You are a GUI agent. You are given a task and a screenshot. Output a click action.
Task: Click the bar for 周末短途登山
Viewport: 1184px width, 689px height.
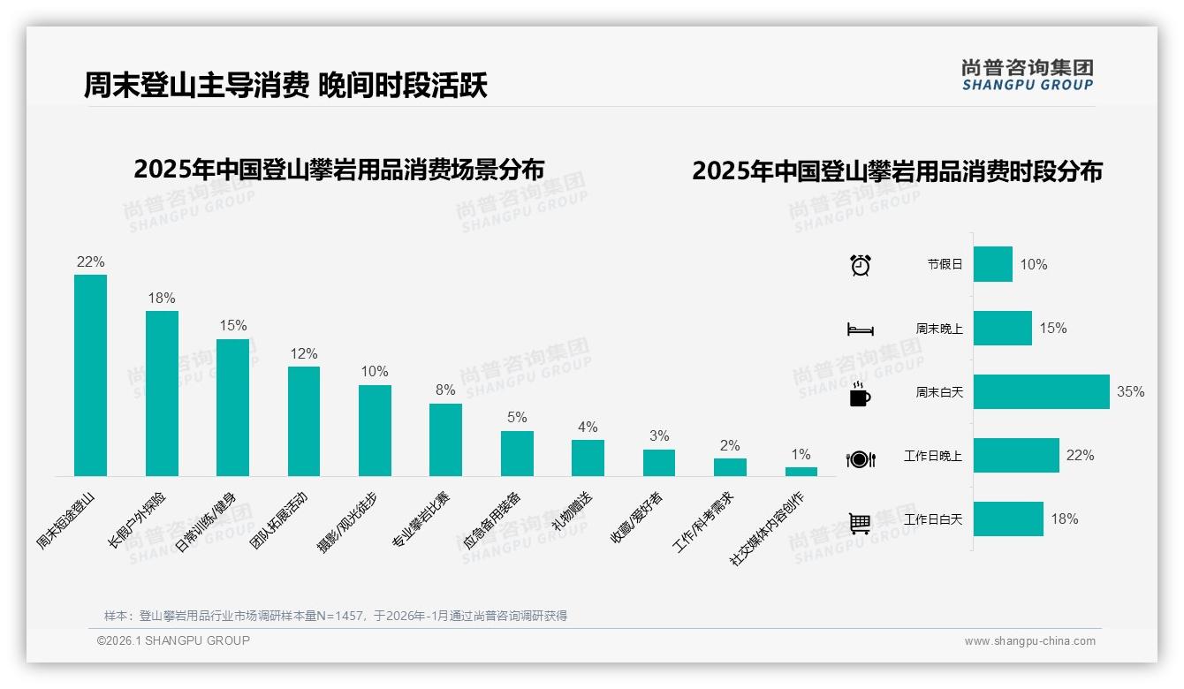coord(90,375)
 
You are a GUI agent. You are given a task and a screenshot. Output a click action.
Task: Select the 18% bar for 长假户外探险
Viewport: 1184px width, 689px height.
coord(162,393)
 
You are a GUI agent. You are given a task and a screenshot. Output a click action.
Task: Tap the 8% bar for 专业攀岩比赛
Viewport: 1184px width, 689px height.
coord(445,440)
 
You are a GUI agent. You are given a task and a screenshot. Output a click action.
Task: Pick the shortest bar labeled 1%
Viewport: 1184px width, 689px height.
coord(801,472)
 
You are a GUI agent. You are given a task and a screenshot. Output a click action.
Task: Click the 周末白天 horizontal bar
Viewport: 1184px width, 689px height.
coord(1041,392)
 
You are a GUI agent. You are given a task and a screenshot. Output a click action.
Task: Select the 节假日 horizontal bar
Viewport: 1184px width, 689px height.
coord(992,264)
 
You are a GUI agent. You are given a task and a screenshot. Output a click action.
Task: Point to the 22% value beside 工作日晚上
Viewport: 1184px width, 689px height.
coord(1080,456)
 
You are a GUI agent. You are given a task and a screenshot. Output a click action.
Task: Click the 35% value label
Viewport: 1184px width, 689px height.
coord(1130,392)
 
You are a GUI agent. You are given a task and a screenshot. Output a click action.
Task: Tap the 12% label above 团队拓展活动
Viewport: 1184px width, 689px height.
coord(303,353)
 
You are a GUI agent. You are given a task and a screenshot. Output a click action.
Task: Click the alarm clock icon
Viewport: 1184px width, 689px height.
coord(860,265)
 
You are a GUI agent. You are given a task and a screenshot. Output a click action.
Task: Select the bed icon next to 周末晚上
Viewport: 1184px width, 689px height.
coord(860,329)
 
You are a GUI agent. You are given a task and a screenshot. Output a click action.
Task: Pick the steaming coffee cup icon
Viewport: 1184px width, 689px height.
coord(860,394)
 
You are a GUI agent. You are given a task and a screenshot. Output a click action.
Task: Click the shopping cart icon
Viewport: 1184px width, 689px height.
coord(860,523)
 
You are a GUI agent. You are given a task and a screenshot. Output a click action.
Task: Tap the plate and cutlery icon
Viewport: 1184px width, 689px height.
coord(860,459)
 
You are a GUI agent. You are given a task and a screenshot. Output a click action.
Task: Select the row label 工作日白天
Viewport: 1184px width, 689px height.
coord(933,519)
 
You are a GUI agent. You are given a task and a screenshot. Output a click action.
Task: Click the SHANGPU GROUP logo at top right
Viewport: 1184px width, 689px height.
coord(1027,75)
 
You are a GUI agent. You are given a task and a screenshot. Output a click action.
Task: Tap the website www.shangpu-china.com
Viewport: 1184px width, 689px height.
coord(1029,641)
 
